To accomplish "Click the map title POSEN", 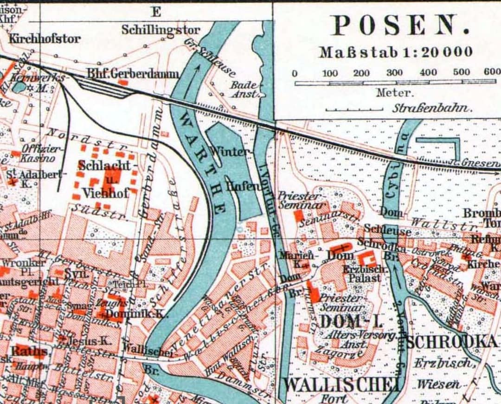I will tap(400, 26).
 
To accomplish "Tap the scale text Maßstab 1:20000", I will tap(396, 52).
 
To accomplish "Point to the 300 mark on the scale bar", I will tap(394, 73).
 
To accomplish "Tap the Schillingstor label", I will tap(161, 30).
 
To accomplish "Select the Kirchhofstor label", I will tap(45, 38).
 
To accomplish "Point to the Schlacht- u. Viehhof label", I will tap(107, 179).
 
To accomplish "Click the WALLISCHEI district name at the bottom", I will tap(341, 384).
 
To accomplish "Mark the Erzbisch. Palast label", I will tap(362, 274).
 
